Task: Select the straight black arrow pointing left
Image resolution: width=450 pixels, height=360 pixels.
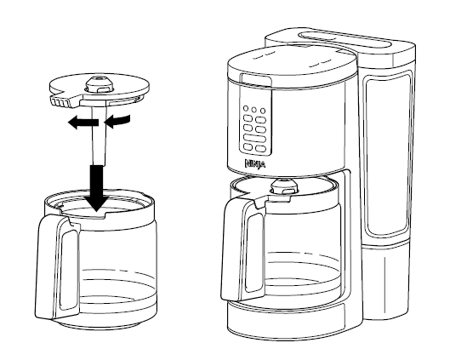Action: [x=81, y=123]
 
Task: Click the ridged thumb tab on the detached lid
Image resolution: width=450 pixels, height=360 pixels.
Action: [x=60, y=100]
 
